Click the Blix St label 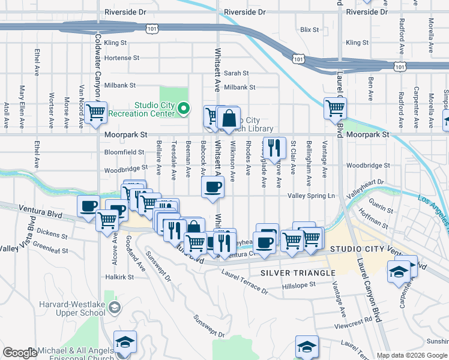pos(309,29)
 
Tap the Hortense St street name pos(121,58)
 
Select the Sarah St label pos(237,73)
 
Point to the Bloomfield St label pos(124,152)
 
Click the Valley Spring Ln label pos(312,196)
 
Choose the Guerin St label pos(381,211)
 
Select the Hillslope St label pos(299,286)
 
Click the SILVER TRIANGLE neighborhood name pos(298,273)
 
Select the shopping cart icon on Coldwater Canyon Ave pos(95,112)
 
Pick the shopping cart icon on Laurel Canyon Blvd pos(335,109)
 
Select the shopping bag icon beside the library pos(229,118)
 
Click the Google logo pos(20,353)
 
